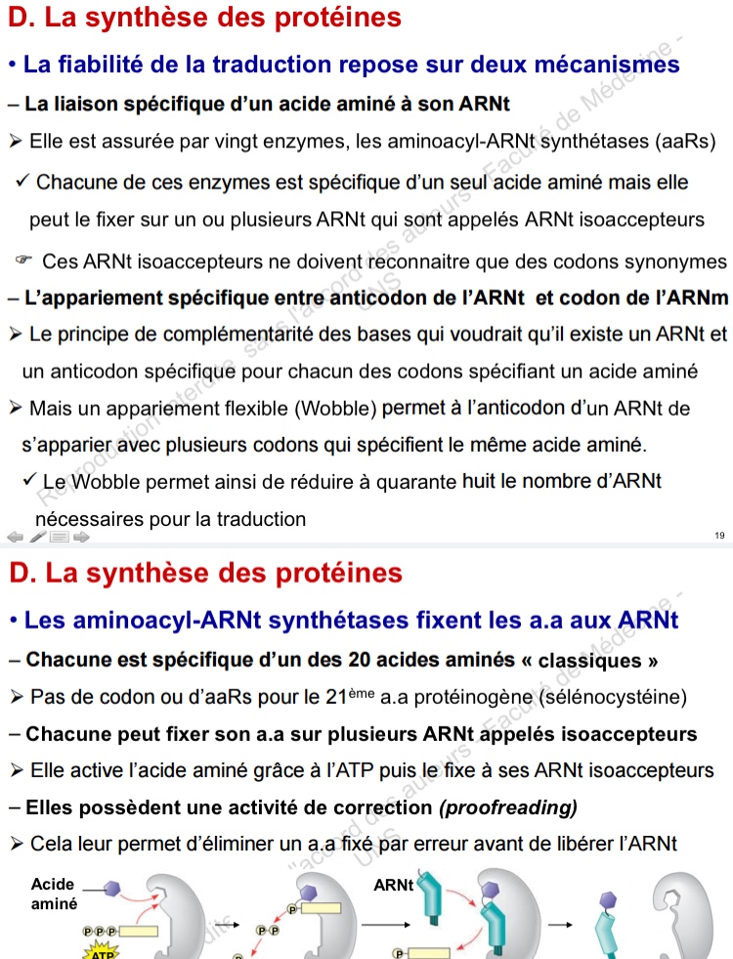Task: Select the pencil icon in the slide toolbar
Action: (x=37, y=536)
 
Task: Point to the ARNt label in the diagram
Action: (x=394, y=886)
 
